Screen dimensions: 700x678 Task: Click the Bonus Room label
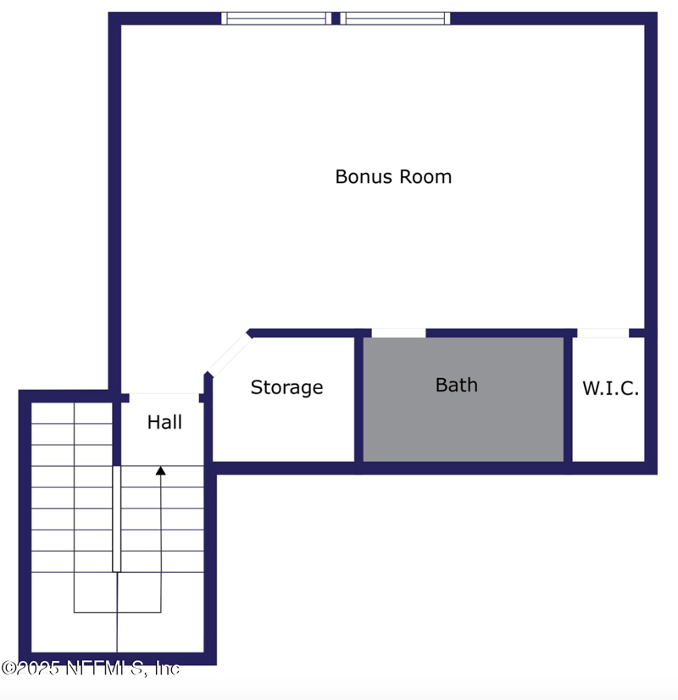[393, 177]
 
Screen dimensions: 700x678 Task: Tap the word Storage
[286, 387]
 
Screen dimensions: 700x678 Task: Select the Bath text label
[457, 385]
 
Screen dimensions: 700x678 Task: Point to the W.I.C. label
[610, 389]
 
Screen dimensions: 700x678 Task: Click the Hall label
[164, 422]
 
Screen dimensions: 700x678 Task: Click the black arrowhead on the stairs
[160, 469]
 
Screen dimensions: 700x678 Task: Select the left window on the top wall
[276, 18]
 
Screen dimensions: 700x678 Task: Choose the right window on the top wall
[394, 18]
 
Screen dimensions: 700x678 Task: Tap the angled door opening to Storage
[228, 354]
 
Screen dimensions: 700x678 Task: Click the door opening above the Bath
[398, 333]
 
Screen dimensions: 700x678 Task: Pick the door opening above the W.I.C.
[603, 333]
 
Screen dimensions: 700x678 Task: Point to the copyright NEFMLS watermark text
[90, 669]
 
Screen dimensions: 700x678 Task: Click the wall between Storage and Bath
[358, 398]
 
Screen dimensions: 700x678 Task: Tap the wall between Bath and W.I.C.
[568, 398]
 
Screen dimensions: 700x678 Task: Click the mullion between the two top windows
[336, 18]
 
